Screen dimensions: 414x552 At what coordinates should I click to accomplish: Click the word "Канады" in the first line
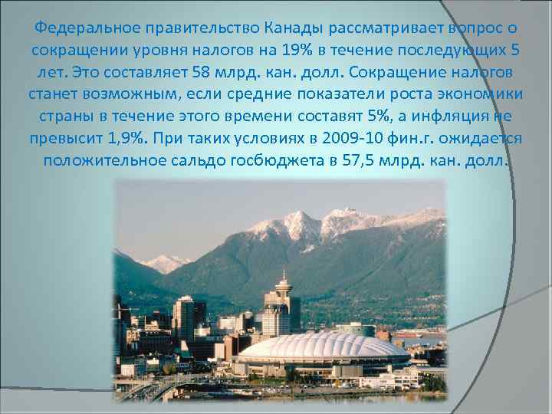[x=291, y=29]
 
